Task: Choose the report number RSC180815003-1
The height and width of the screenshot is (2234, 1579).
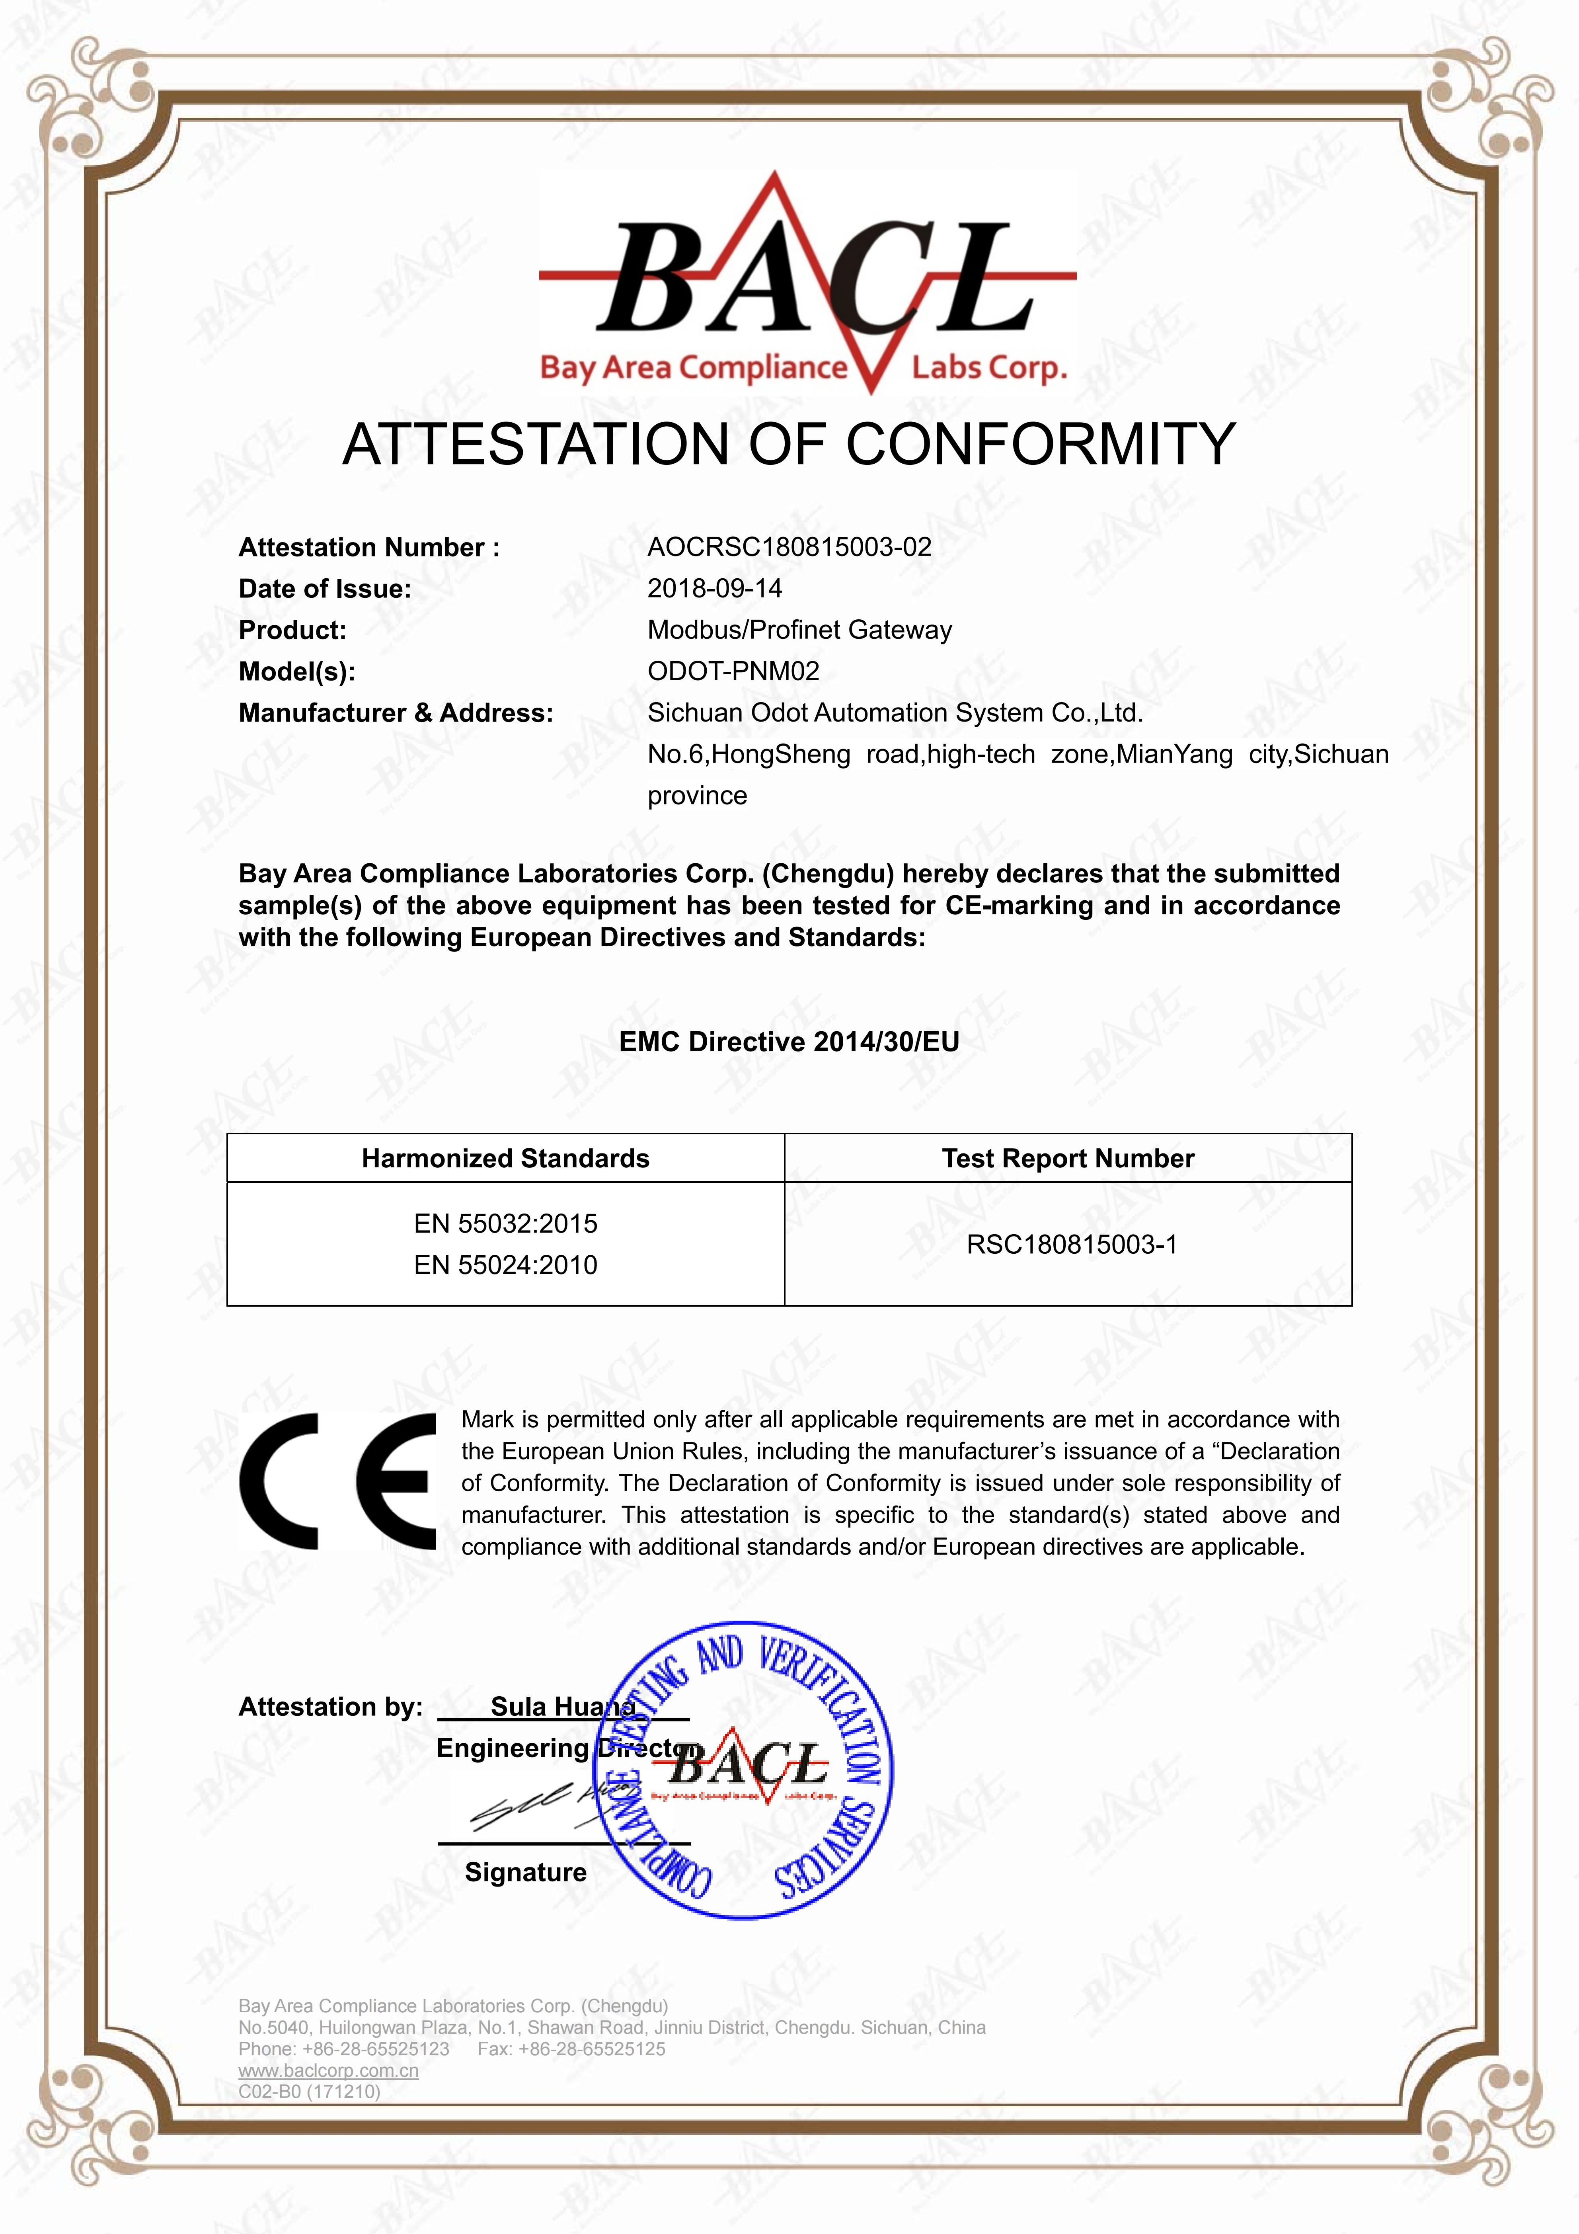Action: [x=1071, y=1245]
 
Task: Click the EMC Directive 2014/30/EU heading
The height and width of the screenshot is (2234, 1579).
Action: [x=789, y=1042]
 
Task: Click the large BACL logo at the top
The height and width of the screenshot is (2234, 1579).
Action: [x=807, y=282]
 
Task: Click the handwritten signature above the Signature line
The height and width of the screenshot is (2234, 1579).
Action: [x=545, y=1805]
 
